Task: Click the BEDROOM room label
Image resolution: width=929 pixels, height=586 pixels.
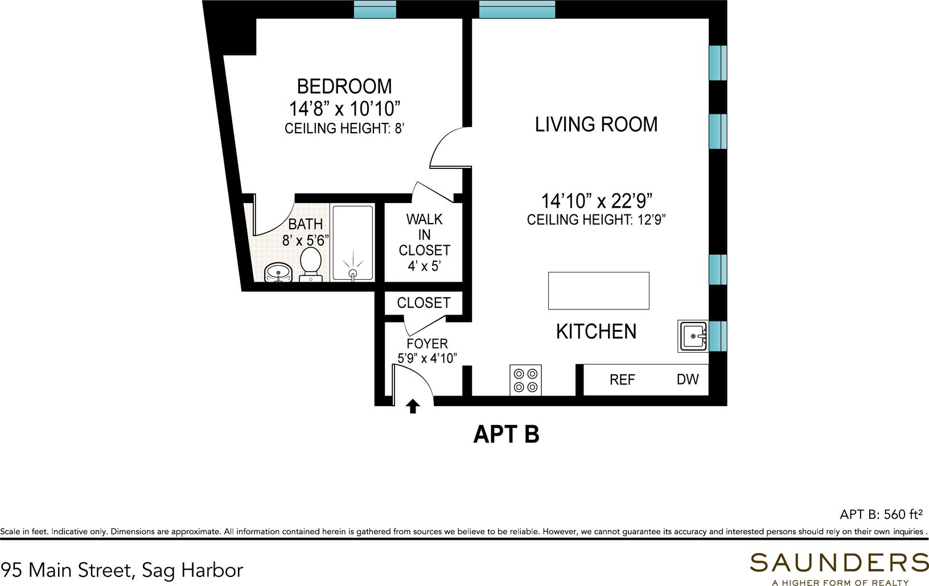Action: coord(344,86)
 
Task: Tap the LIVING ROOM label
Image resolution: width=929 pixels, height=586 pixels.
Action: coord(596,125)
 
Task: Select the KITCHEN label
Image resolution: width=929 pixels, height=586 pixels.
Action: coord(596,332)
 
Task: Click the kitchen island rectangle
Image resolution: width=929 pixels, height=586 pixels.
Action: coord(598,291)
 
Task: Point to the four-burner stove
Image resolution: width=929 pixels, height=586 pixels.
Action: coord(525,380)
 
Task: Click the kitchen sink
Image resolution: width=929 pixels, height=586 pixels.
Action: coord(693,336)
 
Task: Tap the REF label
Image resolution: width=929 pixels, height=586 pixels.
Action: coord(622,379)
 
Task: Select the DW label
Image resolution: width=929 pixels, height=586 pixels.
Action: coord(688,379)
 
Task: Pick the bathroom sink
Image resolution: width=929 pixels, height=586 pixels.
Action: coord(278,273)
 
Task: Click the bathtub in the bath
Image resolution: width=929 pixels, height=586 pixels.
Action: coord(353,244)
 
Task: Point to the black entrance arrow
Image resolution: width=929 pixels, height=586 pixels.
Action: coord(412,406)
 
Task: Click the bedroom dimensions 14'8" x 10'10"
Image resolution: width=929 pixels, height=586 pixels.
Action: coord(344,109)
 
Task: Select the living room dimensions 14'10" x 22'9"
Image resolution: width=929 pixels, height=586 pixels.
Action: coord(597,201)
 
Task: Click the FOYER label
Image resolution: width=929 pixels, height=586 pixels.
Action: coord(427,344)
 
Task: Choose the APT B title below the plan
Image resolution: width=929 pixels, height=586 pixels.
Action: coord(506,434)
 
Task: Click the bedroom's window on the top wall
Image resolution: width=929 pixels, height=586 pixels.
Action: coord(375,9)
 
